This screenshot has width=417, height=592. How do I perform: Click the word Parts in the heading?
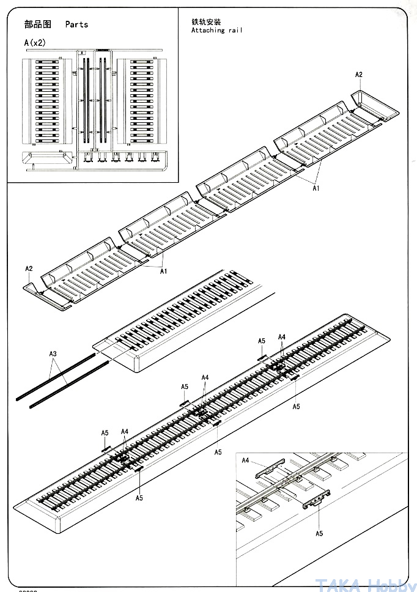[76, 24]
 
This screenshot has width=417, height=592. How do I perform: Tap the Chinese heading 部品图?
[37, 24]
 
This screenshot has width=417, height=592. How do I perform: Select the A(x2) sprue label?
[35, 43]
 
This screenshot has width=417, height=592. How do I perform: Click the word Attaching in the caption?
[208, 31]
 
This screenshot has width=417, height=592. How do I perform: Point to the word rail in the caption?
[234, 31]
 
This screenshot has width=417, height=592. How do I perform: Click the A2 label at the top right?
[359, 75]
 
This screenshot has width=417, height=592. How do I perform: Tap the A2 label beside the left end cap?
[29, 268]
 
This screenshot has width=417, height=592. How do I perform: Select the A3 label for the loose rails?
[53, 354]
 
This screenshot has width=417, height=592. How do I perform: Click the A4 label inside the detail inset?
[246, 461]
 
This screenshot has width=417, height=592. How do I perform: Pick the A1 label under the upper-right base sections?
[316, 189]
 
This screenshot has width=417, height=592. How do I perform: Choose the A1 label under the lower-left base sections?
[164, 272]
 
